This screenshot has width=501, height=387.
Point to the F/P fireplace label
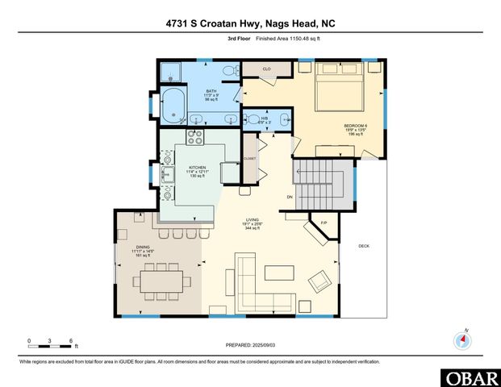tap(324, 223)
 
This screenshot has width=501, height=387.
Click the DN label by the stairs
tap(290, 197)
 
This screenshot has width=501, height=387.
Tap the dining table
tap(166, 281)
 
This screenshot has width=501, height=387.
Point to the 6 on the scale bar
tap(72, 341)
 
